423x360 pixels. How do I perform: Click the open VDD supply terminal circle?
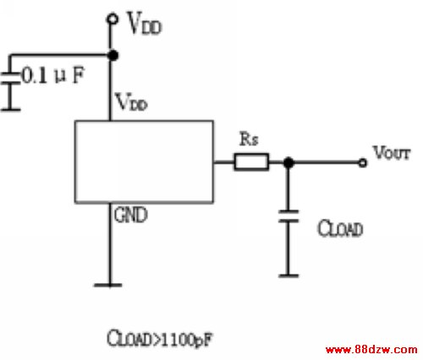(113, 19)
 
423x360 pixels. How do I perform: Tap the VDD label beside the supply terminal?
(145, 24)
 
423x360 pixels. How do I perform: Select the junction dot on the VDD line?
(113, 55)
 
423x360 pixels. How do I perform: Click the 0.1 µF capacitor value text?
(53, 75)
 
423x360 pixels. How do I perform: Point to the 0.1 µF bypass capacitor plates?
(10, 79)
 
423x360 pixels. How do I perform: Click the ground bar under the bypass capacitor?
(10, 110)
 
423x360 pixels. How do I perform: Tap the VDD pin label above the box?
(132, 102)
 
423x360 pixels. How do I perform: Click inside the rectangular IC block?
(144, 161)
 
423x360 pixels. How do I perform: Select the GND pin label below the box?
(131, 215)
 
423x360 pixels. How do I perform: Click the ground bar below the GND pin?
(108, 285)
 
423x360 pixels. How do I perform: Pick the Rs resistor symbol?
(251, 162)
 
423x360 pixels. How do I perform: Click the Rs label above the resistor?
(249, 139)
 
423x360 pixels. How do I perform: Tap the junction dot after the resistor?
(288, 162)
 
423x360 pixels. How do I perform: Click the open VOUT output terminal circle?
(363, 163)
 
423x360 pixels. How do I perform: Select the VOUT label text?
(392, 153)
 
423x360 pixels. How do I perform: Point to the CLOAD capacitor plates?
(288, 216)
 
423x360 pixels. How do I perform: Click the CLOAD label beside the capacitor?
(340, 228)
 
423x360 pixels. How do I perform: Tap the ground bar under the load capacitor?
(288, 275)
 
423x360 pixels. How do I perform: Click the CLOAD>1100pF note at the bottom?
(159, 338)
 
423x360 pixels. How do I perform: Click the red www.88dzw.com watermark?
(371, 350)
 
